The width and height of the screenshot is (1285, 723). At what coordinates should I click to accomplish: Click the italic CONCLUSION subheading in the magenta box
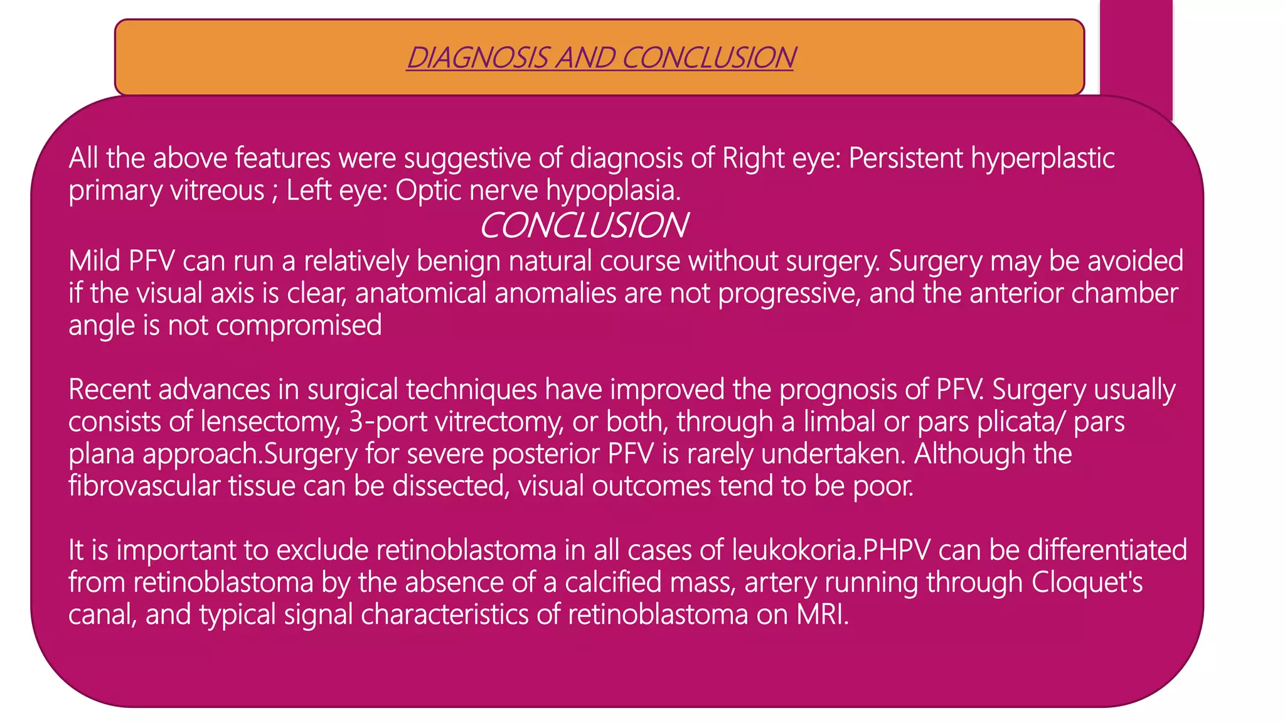coord(583,225)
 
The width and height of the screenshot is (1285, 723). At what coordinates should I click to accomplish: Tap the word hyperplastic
coord(1042,158)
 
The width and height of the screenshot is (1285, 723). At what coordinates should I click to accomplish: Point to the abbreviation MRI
coord(822,614)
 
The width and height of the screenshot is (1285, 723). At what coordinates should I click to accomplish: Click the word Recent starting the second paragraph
coord(109,390)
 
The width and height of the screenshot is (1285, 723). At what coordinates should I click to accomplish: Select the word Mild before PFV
coord(94,261)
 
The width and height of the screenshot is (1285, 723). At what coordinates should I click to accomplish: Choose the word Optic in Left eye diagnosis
coord(429,190)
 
